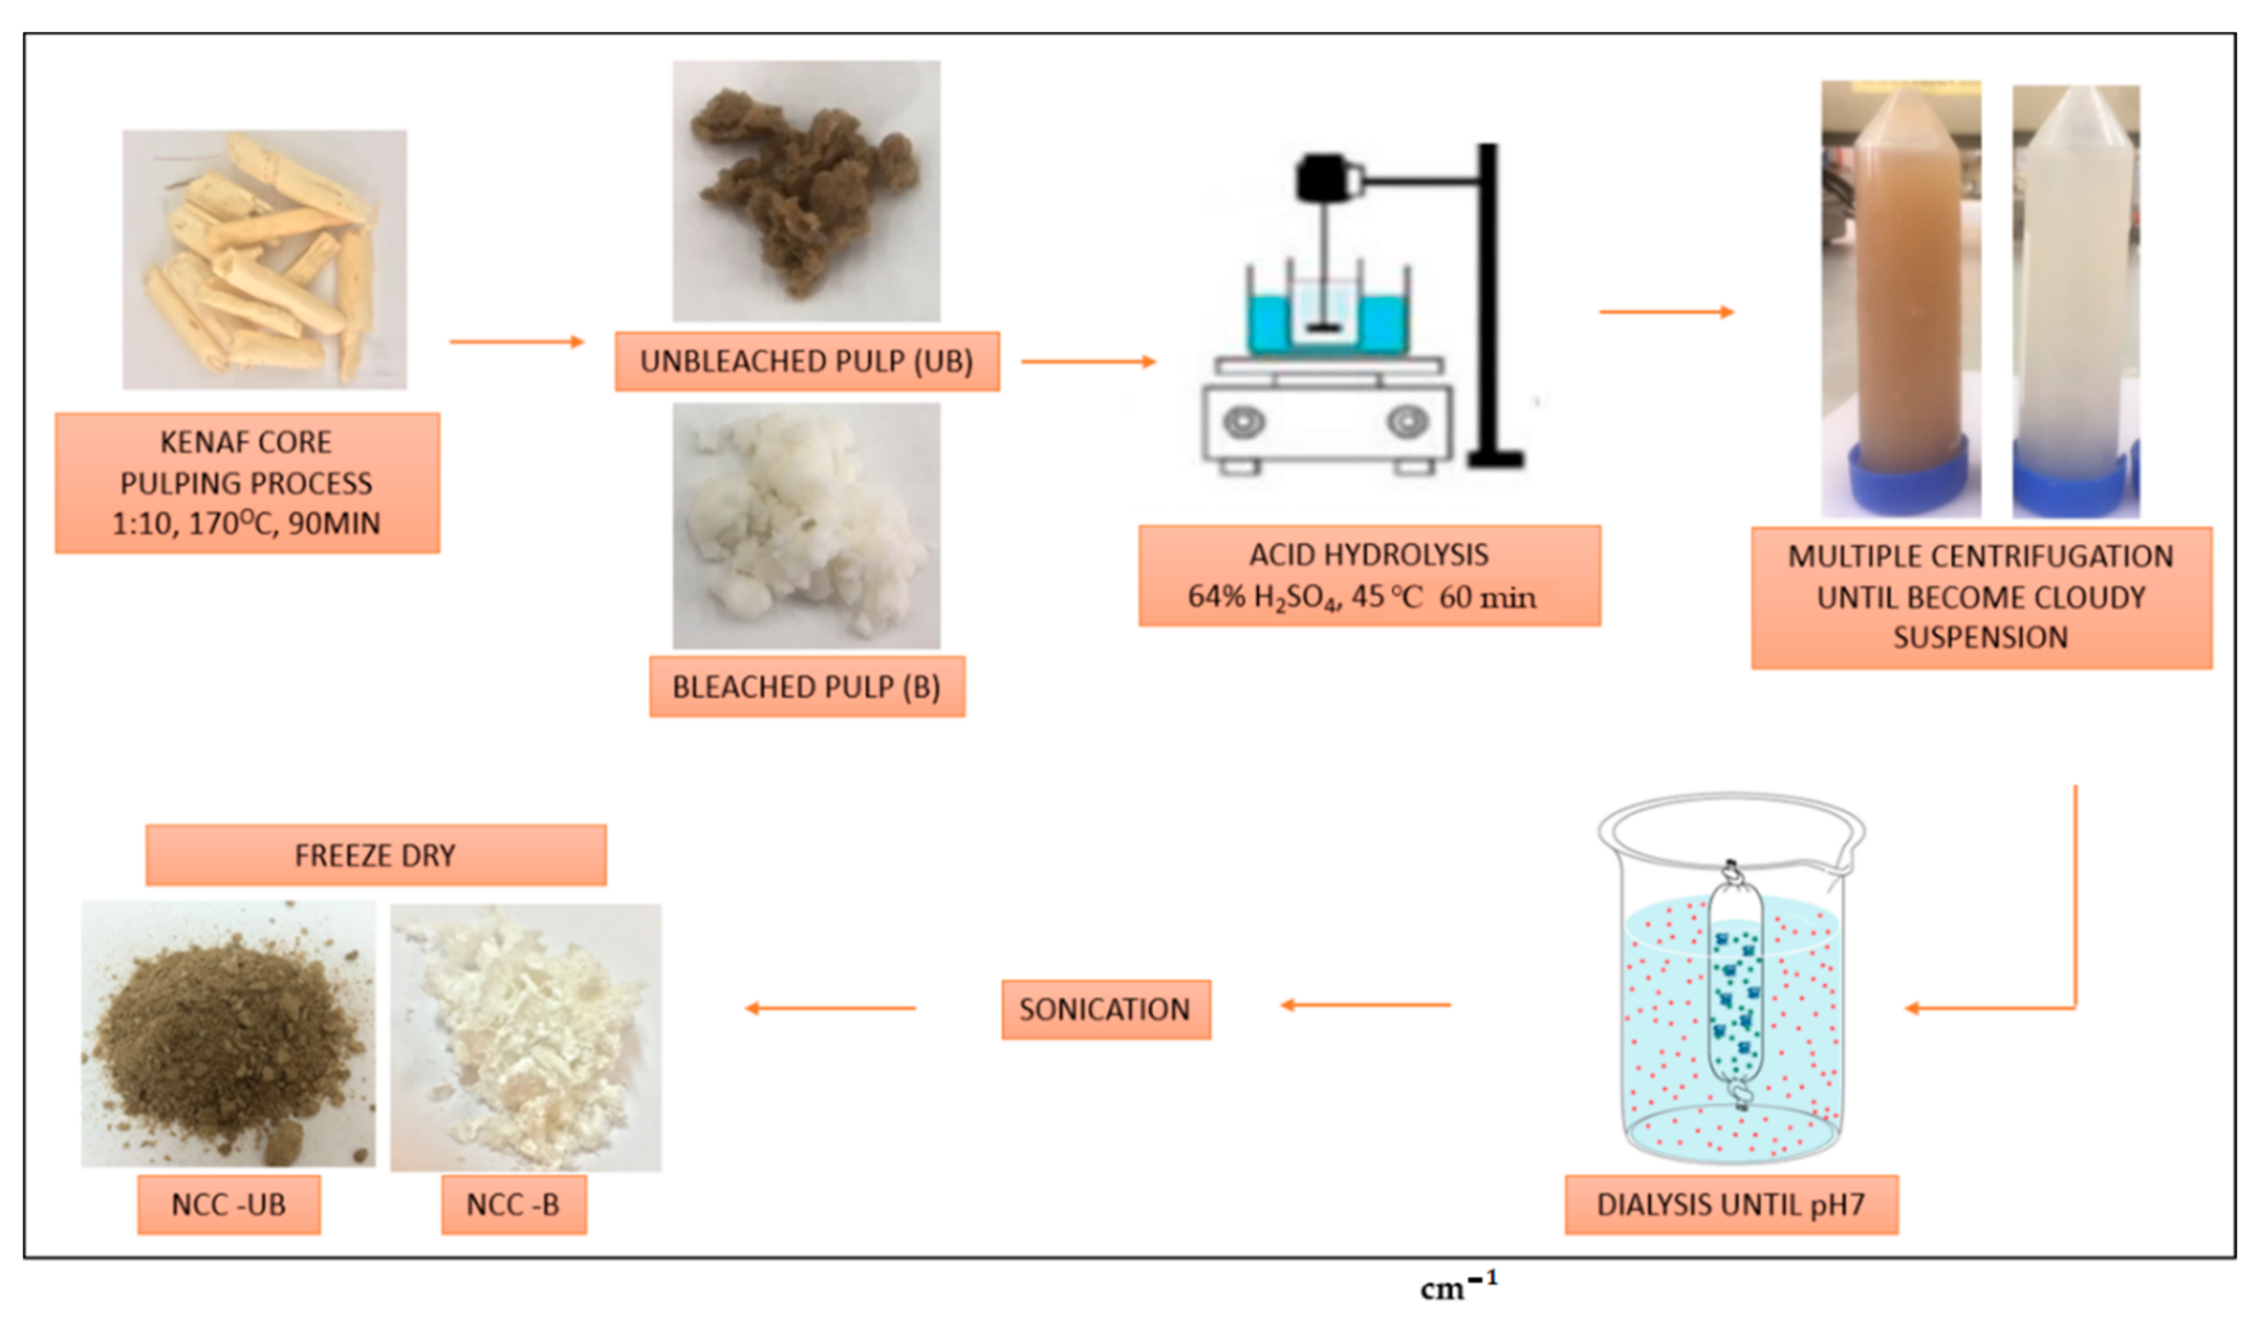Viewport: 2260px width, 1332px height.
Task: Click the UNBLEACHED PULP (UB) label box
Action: pyautogui.click(x=806, y=362)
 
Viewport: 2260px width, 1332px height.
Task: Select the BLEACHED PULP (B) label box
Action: pyautogui.click(x=806, y=687)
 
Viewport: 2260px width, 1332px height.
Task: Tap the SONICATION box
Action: pyautogui.click(x=1105, y=1010)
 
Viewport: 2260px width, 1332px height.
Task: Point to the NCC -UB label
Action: pyautogui.click(x=229, y=1205)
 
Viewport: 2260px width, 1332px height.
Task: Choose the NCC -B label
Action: pyautogui.click(x=513, y=1205)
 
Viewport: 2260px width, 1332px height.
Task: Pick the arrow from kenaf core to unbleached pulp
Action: pyautogui.click(x=517, y=342)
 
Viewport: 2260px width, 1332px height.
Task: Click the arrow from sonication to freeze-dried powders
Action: pyautogui.click(x=831, y=1009)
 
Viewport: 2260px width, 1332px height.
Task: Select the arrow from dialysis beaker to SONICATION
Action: pyautogui.click(x=1365, y=1005)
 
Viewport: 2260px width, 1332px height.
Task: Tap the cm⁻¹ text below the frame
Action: pyautogui.click(x=1458, y=1288)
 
